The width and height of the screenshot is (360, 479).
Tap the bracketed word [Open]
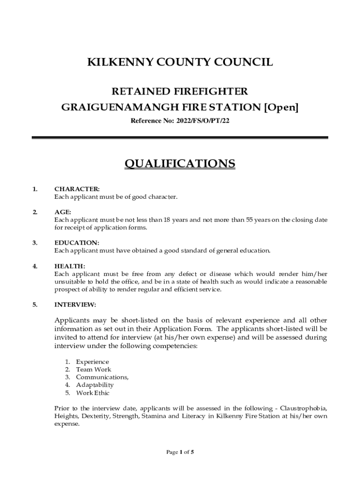pyautogui.click(x=281, y=107)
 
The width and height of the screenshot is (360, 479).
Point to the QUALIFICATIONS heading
pyautogui.click(x=180, y=163)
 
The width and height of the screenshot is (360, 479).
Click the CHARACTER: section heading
pyautogui.click(x=77, y=189)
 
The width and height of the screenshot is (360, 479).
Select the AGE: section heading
pyautogui.click(x=63, y=212)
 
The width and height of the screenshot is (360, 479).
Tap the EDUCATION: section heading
pyautogui.click(x=77, y=243)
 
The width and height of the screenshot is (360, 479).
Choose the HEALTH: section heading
pyautogui.click(x=70, y=266)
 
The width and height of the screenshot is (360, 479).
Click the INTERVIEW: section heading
pyautogui.click(x=75, y=305)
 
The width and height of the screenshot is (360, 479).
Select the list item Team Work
pyautogui.click(x=94, y=370)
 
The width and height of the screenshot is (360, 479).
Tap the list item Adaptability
pyautogui.click(x=95, y=385)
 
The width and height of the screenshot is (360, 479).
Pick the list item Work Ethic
pyautogui.click(x=93, y=393)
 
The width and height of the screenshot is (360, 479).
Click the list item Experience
pyautogui.click(x=93, y=362)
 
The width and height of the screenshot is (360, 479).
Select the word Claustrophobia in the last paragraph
pyautogui.click(x=304, y=408)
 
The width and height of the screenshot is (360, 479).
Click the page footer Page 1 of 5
pyautogui.click(x=180, y=452)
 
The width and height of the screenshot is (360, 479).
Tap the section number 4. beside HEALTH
pyautogui.click(x=35, y=266)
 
